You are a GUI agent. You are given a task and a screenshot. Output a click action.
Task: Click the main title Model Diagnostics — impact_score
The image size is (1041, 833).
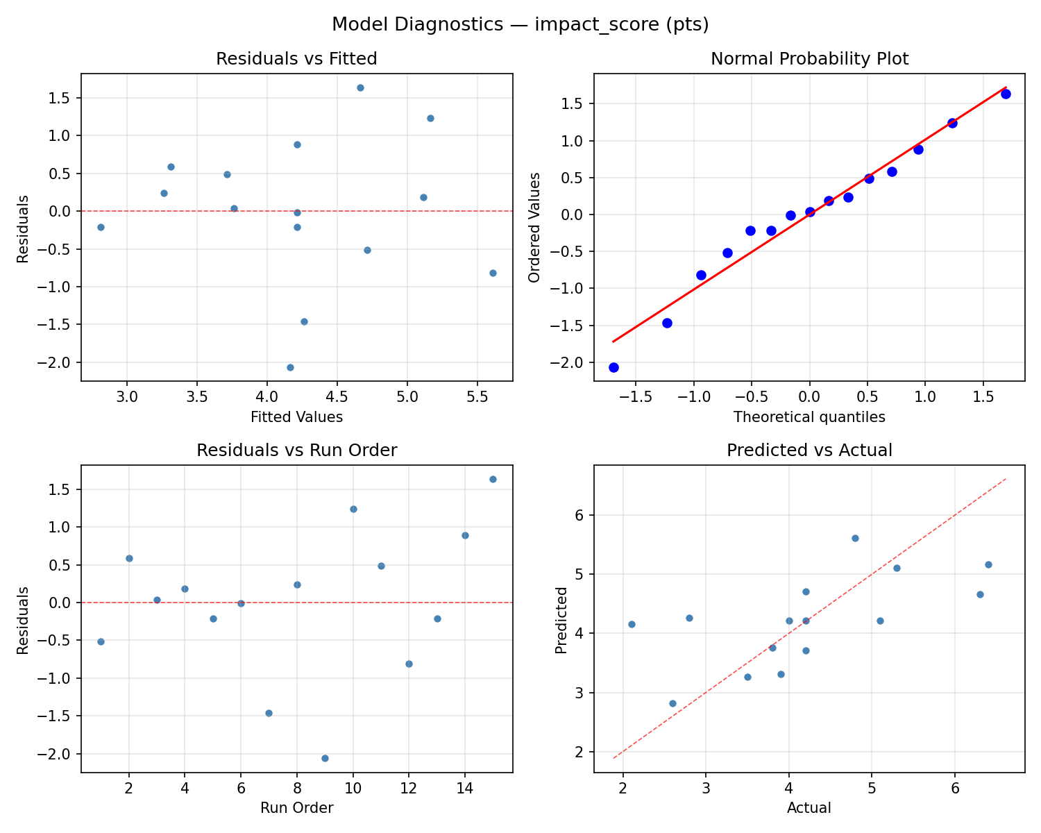520,24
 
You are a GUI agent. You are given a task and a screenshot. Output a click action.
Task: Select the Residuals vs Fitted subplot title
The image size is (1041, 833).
296,59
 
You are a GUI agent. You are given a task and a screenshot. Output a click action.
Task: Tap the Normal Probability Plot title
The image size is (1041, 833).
809,59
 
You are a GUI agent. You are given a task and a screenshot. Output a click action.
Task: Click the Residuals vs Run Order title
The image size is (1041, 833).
296,451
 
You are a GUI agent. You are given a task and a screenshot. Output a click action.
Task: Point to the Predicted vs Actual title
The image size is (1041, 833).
809,451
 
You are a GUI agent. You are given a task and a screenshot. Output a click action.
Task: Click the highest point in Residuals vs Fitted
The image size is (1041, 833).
360,87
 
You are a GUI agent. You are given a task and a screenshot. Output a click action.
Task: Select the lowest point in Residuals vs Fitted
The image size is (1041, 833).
290,367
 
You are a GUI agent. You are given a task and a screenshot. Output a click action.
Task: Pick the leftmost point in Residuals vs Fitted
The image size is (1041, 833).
101,227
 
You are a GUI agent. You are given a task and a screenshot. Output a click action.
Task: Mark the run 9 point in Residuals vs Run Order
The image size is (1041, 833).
325,758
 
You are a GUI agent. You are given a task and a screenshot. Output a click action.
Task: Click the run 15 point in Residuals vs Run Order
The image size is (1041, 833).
493,479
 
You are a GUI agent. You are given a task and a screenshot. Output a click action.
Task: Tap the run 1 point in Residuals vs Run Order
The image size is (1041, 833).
101,641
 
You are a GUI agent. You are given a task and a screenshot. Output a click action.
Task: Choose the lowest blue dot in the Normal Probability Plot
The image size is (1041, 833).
613,367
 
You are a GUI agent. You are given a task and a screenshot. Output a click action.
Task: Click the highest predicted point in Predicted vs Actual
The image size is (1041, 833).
855,538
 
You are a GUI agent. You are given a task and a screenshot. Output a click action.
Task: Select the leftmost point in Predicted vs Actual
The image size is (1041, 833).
632,624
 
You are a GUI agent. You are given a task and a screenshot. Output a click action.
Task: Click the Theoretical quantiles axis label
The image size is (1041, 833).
809,417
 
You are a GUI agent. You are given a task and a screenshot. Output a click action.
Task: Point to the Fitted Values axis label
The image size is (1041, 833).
296,417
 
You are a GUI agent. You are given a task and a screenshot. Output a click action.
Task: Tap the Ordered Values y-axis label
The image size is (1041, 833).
534,228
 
